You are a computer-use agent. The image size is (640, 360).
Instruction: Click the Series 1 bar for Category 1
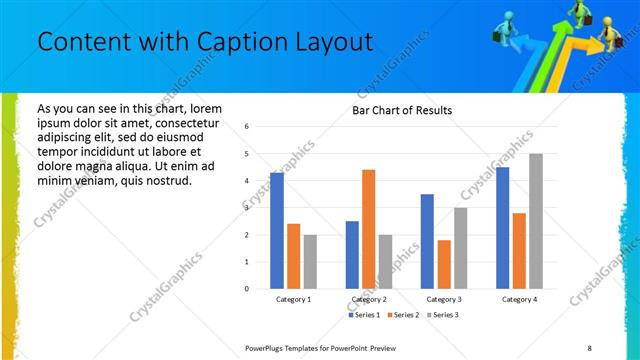(277, 230)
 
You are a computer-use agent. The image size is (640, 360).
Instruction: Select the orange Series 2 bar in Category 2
(368, 229)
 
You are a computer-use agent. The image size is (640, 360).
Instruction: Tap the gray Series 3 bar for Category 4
(536, 221)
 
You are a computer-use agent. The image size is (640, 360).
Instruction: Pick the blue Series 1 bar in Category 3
(427, 241)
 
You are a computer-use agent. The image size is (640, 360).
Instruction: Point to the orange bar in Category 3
(444, 264)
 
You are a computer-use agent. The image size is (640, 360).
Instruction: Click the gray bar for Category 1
(310, 261)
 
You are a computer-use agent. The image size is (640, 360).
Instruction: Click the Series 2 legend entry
(404, 315)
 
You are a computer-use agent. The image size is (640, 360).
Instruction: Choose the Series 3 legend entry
(445, 315)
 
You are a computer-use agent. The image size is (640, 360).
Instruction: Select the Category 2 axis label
(369, 299)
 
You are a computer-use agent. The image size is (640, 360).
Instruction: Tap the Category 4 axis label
(519, 299)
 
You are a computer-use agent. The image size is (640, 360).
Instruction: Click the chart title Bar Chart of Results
(402, 110)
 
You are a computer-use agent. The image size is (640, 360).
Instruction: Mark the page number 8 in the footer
(590, 346)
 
